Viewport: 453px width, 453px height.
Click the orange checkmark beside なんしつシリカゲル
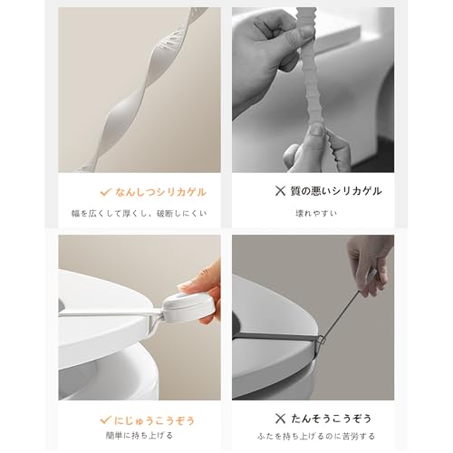coord(105,192)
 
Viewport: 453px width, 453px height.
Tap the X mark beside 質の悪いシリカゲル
coord(280,191)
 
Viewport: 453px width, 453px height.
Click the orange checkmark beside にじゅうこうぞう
coord(105,419)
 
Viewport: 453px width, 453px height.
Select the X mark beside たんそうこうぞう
coord(280,419)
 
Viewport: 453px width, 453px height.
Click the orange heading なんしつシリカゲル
coord(160,192)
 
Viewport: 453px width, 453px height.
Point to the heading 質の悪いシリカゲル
coord(336,191)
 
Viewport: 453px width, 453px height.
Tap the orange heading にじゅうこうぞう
coord(154,420)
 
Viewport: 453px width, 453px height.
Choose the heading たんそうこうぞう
coord(331,419)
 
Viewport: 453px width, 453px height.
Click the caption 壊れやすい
coord(316,213)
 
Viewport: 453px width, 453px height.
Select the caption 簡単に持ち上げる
coord(140,435)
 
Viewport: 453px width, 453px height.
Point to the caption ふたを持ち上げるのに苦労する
coord(316,436)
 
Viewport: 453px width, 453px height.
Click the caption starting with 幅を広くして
coord(140,214)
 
